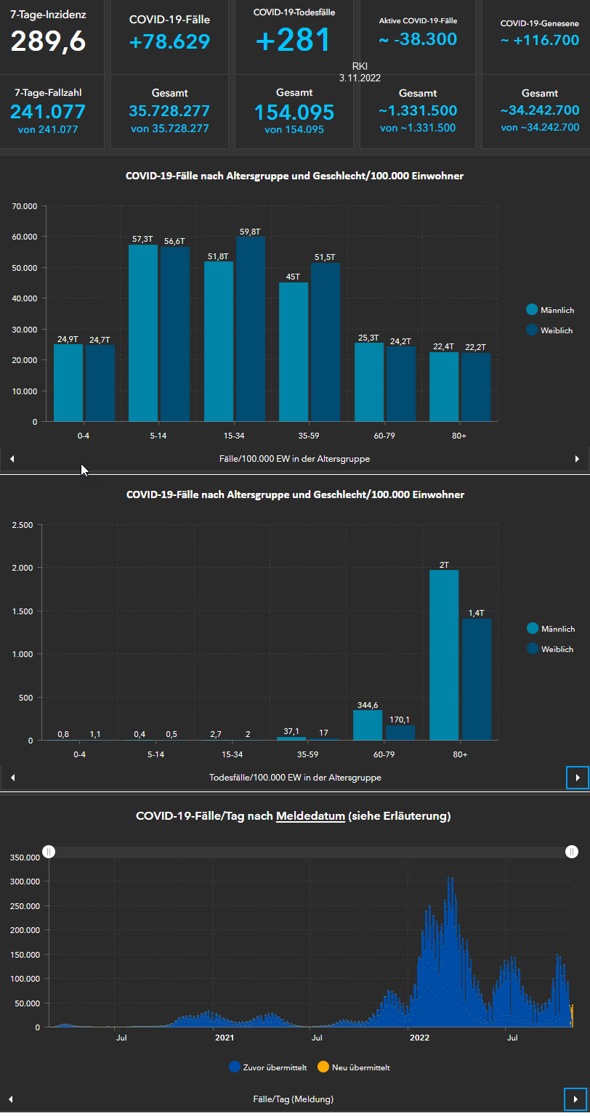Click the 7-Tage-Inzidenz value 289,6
[48, 41]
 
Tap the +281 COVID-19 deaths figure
[293, 40]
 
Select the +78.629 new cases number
[169, 42]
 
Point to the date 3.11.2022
[360, 78]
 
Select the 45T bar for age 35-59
[294, 351]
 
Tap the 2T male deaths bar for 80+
[444, 654]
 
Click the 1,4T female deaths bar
[477, 679]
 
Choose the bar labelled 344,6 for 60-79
[368, 725]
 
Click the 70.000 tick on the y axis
[25, 206]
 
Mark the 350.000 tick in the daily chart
[23, 858]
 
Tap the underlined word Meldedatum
[310, 816]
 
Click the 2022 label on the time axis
[419, 1038]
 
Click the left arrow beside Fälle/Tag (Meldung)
[11, 1099]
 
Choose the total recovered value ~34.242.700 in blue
[539, 110]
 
